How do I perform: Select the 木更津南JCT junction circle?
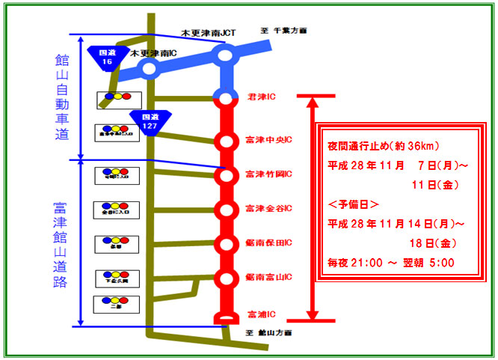pos(225,55)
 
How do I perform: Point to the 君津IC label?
pos(261,97)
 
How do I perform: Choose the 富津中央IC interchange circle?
pos(225,141)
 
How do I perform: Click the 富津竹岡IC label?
pos(267,174)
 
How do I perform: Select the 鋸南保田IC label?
pos(267,242)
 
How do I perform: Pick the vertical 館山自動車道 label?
pos(61,97)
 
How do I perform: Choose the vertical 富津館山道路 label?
pos(61,242)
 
